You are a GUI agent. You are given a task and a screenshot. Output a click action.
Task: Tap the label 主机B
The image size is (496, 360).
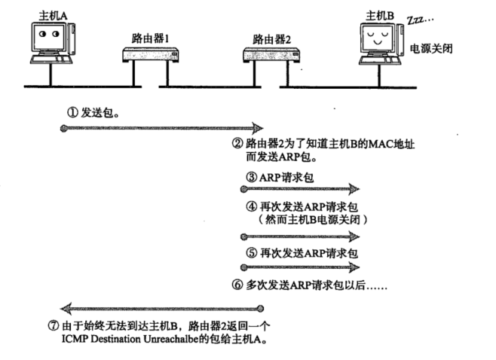tap(379, 14)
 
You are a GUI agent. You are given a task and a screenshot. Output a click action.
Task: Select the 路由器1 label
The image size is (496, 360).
tap(147, 38)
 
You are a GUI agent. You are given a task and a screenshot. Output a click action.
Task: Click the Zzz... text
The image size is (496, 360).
tap(422, 17)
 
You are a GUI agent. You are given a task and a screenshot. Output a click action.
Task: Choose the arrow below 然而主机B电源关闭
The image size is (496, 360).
tap(299, 236)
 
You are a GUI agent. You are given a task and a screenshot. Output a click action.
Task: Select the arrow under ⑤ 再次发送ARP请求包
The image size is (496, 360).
tap(299, 267)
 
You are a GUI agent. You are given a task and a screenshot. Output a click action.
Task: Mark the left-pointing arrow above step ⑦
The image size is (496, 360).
tap(162, 308)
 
